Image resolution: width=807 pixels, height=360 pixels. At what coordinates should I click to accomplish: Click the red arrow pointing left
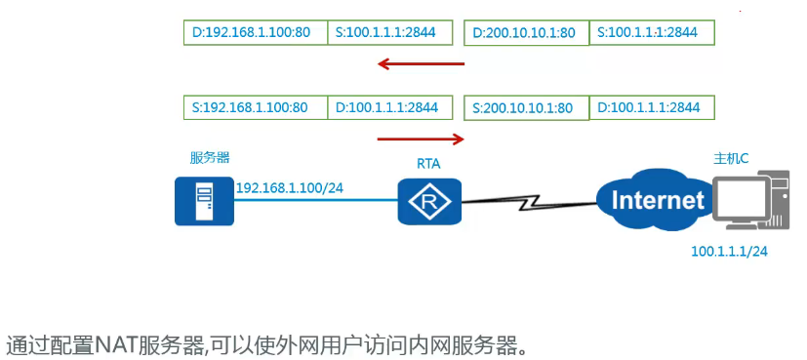click(x=422, y=64)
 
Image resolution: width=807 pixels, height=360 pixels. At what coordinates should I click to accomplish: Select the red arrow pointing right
click(x=422, y=139)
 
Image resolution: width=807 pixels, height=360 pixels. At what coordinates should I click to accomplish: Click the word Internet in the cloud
click(x=657, y=201)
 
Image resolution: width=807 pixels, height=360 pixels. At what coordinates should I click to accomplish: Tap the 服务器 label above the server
click(x=210, y=157)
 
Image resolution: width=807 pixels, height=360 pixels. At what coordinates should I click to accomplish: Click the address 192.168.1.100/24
click(x=296, y=186)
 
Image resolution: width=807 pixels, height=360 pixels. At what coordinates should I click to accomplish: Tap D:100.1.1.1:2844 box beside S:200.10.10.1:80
click(x=652, y=106)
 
